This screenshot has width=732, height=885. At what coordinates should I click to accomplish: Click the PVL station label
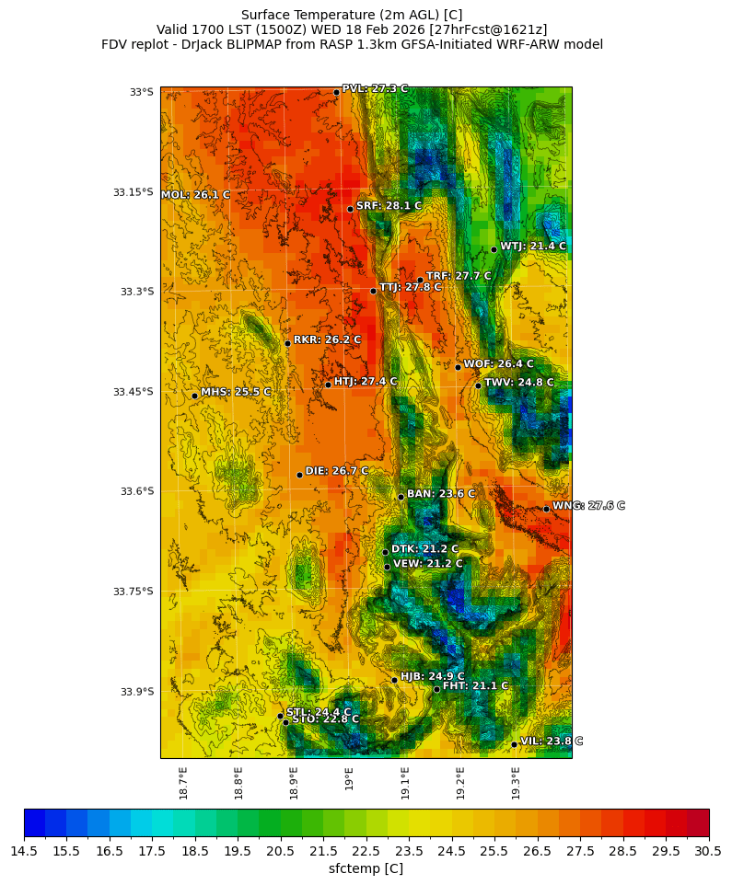375,88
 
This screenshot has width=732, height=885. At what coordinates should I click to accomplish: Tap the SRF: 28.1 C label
389,206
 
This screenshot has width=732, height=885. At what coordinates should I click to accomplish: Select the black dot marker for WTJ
494,249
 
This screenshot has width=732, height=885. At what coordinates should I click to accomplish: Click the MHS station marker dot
195,396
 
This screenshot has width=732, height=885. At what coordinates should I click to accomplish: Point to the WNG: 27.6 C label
588,506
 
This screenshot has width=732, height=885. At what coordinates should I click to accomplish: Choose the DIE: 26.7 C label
336,471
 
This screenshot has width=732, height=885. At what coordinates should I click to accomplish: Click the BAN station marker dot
401,497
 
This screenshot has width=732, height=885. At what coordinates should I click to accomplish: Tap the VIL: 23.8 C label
552,741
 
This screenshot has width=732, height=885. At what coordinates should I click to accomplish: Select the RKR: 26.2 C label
327,339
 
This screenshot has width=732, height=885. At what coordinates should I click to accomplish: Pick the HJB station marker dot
394,680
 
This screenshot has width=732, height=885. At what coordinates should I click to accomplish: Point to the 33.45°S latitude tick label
133,392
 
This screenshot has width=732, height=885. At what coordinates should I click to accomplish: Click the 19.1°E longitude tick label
405,783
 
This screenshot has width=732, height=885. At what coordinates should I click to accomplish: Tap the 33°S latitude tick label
141,92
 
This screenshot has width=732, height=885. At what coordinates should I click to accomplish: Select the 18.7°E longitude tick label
183,783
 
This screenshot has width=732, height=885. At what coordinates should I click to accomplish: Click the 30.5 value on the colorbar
708,852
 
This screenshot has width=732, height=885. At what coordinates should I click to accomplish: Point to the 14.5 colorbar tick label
24,852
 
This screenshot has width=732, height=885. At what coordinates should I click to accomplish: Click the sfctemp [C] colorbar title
366,868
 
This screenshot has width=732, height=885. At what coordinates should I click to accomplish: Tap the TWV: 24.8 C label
518,382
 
